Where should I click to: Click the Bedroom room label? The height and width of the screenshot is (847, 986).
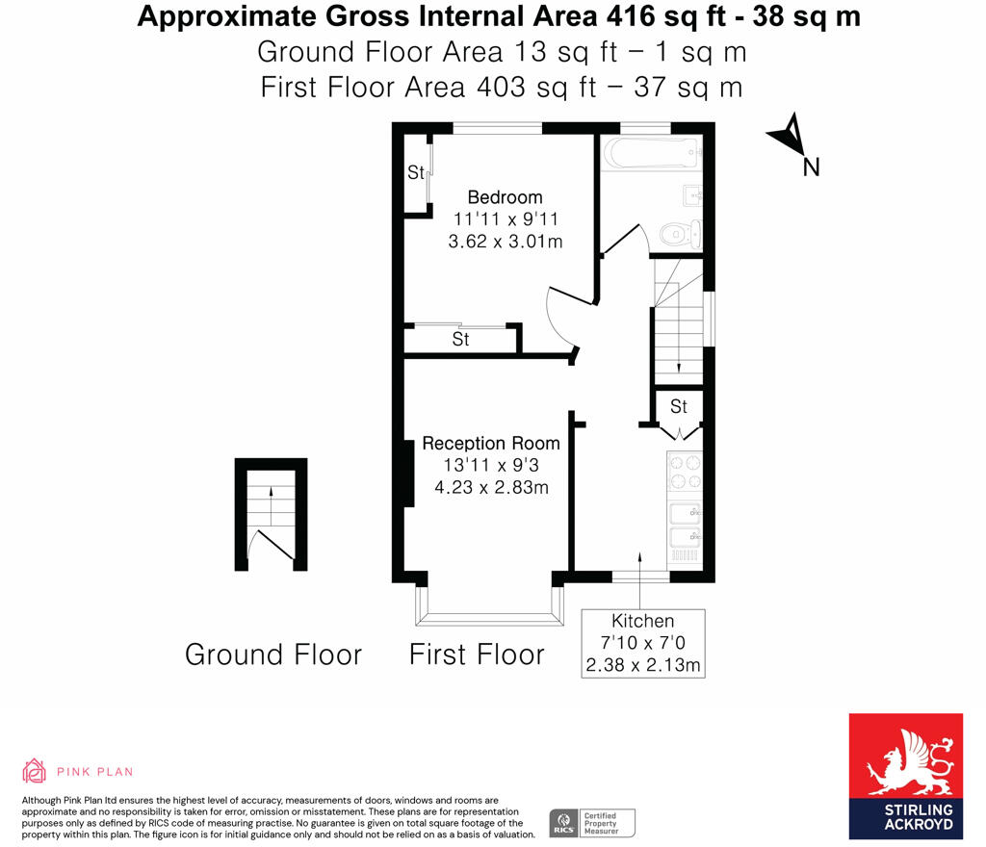pos(505,197)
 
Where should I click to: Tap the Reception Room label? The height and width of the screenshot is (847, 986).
pos(491,444)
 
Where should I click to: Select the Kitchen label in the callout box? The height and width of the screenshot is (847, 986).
pos(642,621)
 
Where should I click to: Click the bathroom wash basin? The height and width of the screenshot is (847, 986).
pos(692,195)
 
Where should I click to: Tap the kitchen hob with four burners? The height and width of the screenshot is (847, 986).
pos(685,472)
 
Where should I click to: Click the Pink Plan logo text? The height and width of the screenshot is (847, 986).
pos(94,771)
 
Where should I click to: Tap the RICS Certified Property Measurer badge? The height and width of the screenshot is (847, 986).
pos(592,823)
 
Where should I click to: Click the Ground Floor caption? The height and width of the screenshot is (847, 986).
pos(273,655)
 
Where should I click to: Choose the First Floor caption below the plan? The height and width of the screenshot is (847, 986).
pos(477,655)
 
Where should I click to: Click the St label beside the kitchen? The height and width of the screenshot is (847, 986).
pos(679,406)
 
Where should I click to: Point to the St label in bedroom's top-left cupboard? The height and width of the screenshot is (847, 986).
pos(416,173)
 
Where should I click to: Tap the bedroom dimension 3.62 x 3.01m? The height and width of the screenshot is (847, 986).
pos(505,242)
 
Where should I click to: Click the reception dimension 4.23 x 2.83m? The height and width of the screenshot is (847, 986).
pos(491,487)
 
